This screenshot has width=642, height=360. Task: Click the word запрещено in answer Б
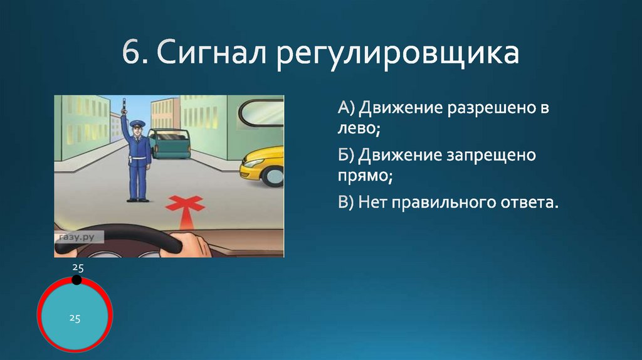(490, 155)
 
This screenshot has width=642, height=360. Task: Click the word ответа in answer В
(529, 203)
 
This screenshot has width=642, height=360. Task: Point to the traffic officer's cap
(138, 124)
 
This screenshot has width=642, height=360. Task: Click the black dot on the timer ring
(76, 280)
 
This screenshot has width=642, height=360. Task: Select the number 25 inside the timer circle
(75, 319)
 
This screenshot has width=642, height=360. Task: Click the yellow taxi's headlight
(253, 162)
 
